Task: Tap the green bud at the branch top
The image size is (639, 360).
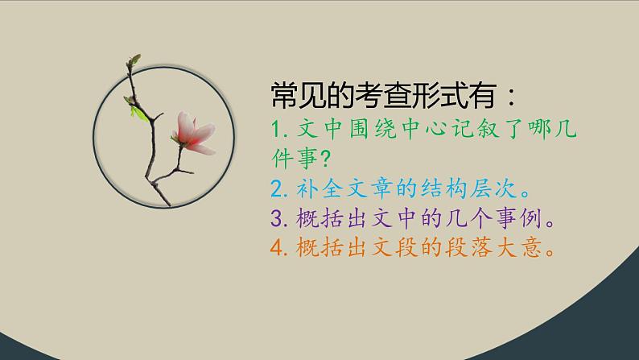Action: coord(134,60)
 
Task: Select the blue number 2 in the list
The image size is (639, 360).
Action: coord(275,190)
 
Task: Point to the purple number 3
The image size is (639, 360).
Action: coord(275,220)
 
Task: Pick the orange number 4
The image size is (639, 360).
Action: coord(275,250)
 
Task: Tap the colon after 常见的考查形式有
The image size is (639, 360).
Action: coord(505,99)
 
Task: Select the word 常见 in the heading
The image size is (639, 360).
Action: coord(296,97)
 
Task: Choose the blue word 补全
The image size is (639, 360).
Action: coord(310,190)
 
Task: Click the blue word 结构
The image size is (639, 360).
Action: coord(449,190)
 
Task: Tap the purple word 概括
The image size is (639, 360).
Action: coord(310,220)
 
